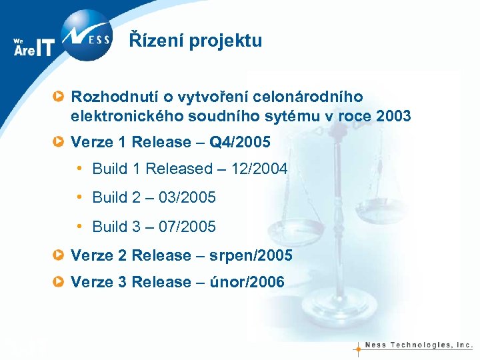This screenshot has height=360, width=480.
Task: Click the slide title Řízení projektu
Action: [x=195, y=41]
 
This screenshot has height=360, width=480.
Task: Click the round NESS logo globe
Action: [x=87, y=35]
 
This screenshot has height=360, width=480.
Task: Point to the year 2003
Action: [x=393, y=117]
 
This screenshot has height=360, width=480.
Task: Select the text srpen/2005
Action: [x=250, y=256]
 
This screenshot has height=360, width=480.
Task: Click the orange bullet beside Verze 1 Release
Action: [x=59, y=142]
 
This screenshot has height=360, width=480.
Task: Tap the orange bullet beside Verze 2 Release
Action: [x=59, y=255]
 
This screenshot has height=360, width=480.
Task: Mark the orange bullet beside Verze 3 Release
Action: [x=59, y=282]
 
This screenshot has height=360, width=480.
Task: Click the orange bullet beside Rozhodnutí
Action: [x=59, y=97]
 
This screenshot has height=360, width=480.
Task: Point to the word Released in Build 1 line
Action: [x=179, y=169]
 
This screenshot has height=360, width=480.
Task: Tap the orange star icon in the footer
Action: [x=358, y=347]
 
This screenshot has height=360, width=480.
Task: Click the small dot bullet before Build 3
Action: [x=79, y=226]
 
